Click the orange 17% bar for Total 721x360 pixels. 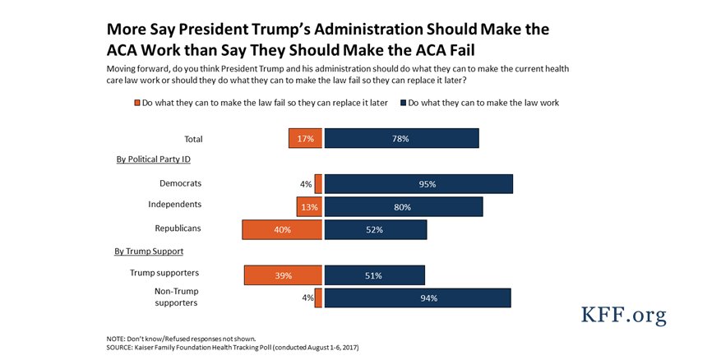305,139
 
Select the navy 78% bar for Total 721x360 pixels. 401,139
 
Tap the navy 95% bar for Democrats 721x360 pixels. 418,184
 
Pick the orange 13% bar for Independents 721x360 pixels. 309,207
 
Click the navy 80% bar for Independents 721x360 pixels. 403,207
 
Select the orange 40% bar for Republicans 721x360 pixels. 282,229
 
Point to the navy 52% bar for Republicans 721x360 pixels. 375,229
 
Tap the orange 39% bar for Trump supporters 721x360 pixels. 283,275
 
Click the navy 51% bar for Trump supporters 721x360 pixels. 374,275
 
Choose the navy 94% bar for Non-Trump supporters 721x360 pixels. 418,298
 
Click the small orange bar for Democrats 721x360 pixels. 318,184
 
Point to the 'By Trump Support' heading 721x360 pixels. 150,251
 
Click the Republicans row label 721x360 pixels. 178,228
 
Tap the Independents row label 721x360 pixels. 175,204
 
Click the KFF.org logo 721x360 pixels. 623,315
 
